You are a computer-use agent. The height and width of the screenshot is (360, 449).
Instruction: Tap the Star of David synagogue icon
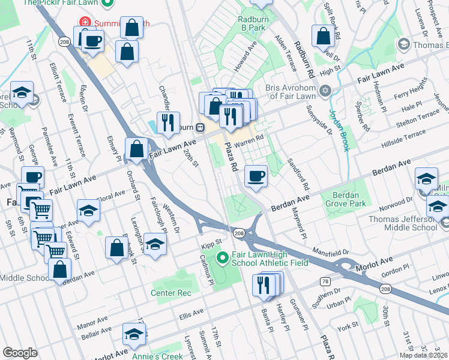tap(325, 91)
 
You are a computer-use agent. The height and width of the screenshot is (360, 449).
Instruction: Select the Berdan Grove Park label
tap(345, 199)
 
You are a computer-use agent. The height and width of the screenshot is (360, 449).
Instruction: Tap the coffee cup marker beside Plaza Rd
tap(256, 176)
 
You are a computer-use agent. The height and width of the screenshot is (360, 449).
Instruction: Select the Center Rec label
tap(171, 293)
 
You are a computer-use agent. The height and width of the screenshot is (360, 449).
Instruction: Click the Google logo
tap(20, 353)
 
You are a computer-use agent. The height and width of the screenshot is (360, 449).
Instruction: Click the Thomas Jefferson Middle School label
tap(403, 223)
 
